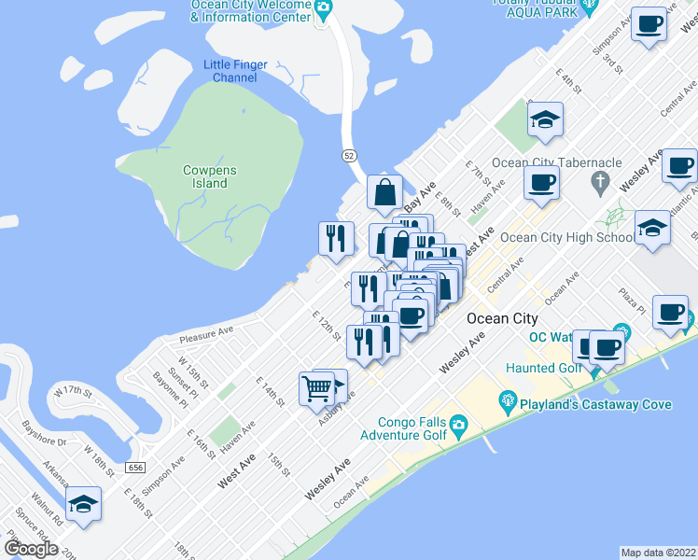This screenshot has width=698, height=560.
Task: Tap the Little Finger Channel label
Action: pos(235,71)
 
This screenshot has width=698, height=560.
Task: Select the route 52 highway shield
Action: pos(348,154)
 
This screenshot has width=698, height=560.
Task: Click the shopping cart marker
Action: pos(316,386)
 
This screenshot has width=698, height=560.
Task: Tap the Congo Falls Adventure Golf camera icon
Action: pos(458,427)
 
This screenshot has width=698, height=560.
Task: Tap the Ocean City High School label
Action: pos(566,237)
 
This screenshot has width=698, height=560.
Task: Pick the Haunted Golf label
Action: pos(543,369)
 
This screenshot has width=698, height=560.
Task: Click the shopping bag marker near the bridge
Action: pos(384,193)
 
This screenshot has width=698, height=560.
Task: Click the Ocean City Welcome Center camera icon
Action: pos(323,9)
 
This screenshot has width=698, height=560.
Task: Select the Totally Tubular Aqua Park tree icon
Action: pos(589,7)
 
